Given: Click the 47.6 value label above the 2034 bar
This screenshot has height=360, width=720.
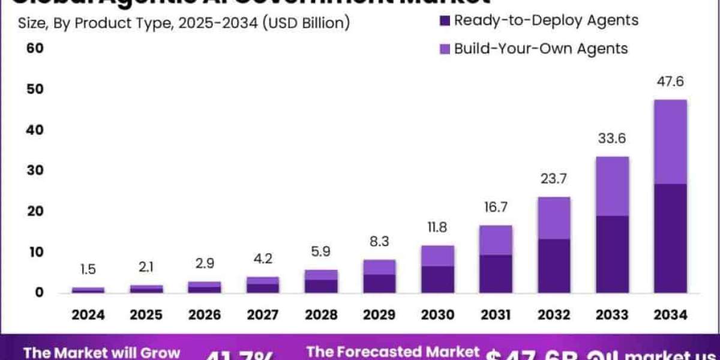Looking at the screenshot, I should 670,82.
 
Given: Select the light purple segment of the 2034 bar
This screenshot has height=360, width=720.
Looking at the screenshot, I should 670,142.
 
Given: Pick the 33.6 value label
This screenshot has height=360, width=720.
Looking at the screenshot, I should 613,139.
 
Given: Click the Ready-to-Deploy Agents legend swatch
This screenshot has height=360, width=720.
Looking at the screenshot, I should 444,21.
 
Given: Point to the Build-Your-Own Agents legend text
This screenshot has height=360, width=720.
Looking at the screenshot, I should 541,49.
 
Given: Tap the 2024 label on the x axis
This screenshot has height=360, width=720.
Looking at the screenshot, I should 88,314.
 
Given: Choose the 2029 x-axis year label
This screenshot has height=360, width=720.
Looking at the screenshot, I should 379,314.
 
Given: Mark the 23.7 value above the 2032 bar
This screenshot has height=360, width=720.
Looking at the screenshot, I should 554,179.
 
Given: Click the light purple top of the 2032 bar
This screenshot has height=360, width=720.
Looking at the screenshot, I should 554,218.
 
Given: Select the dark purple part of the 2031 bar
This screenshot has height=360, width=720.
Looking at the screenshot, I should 496,274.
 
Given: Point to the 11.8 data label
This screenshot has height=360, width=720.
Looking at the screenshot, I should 438,228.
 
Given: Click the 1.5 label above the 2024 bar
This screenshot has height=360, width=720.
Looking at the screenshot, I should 88,270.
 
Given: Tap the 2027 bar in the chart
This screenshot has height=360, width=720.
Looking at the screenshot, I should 263,285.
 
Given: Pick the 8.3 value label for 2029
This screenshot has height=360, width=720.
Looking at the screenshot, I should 379,242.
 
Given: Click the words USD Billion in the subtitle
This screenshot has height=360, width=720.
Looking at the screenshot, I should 306,24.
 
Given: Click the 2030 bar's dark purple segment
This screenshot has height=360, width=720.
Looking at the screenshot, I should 438,279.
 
